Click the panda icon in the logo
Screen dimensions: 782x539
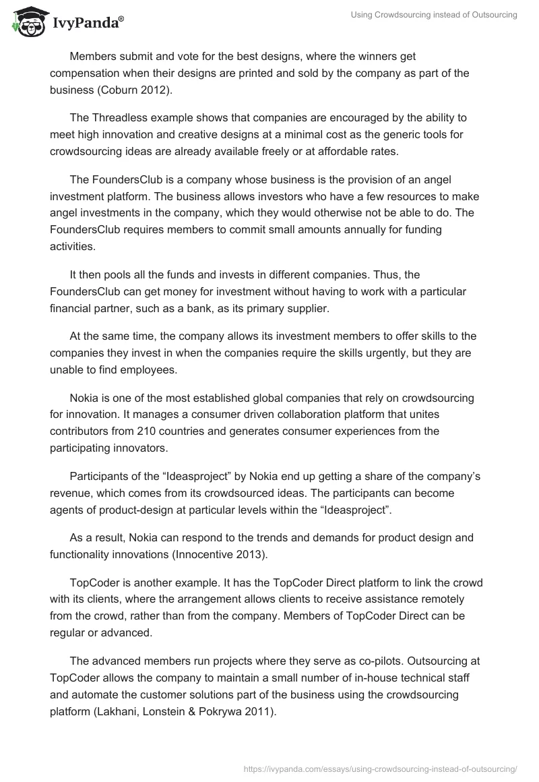[26, 22]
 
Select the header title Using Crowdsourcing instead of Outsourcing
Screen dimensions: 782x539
[434, 16]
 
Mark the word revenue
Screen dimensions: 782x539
[70, 493]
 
